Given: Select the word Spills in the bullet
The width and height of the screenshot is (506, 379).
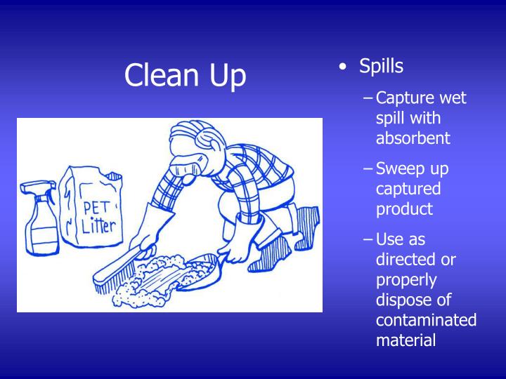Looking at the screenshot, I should pos(381,66).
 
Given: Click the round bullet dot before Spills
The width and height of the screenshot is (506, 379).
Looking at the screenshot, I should pos(342,67).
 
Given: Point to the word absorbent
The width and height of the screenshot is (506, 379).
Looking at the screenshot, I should pos(413,138).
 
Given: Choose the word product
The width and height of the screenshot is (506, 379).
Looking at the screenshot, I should pos(404,209).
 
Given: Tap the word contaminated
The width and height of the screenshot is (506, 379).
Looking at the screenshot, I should pos(426,321).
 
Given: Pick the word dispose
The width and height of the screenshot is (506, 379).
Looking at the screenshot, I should pos(402,300).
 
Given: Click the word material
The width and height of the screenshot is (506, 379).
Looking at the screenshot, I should pos(406,340).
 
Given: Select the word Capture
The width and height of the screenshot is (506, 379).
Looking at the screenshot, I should pos(403,98).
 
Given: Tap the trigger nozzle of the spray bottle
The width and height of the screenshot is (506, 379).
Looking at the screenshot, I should pos(31,187).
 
